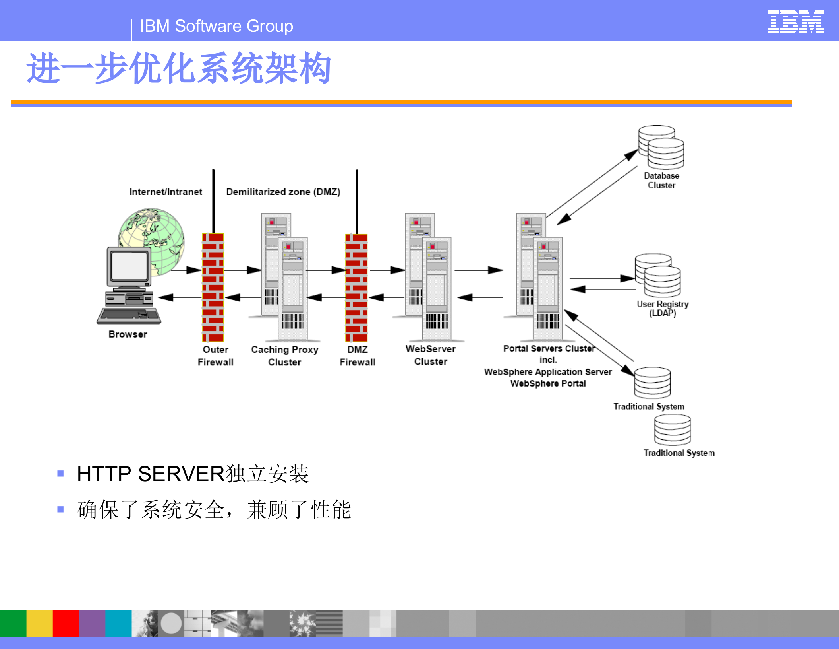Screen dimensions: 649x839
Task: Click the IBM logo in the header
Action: pyautogui.click(x=795, y=21)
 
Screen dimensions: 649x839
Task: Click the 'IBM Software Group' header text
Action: pyautogui.click(x=217, y=26)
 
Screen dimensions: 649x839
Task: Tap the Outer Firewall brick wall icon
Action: pyautogui.click(x=213, y=287)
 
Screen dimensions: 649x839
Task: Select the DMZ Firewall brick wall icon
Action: pyautogui.click(x=356, y=287)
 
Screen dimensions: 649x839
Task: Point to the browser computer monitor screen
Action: pyautogui.click(x=129, y=266)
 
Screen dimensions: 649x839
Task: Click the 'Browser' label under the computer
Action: pyautogui.click(x=128, y=334)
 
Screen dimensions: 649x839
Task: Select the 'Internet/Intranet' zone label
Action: pyautogui.click(x=166, y=192)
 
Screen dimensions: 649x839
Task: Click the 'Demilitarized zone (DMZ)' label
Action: pyautogui.click(x=283, y=192)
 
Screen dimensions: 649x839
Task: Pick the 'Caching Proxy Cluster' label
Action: pyautogui.click(x=284, y=356)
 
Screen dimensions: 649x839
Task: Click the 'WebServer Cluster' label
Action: pyautogui.click(x=430, y=355)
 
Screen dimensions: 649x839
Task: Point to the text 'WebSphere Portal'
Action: pyautogui.click(x=548, y=383)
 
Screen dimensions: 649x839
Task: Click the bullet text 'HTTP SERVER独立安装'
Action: pyautogui.click(x=193, y=474)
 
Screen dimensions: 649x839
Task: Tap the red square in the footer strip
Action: pyautogui.click(x=66, y=623)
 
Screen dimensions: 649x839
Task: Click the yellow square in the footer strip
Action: pyautogui.click(x=39, y=623)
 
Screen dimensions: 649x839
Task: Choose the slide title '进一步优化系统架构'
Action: pyautogui.click(x=179, y=68)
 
